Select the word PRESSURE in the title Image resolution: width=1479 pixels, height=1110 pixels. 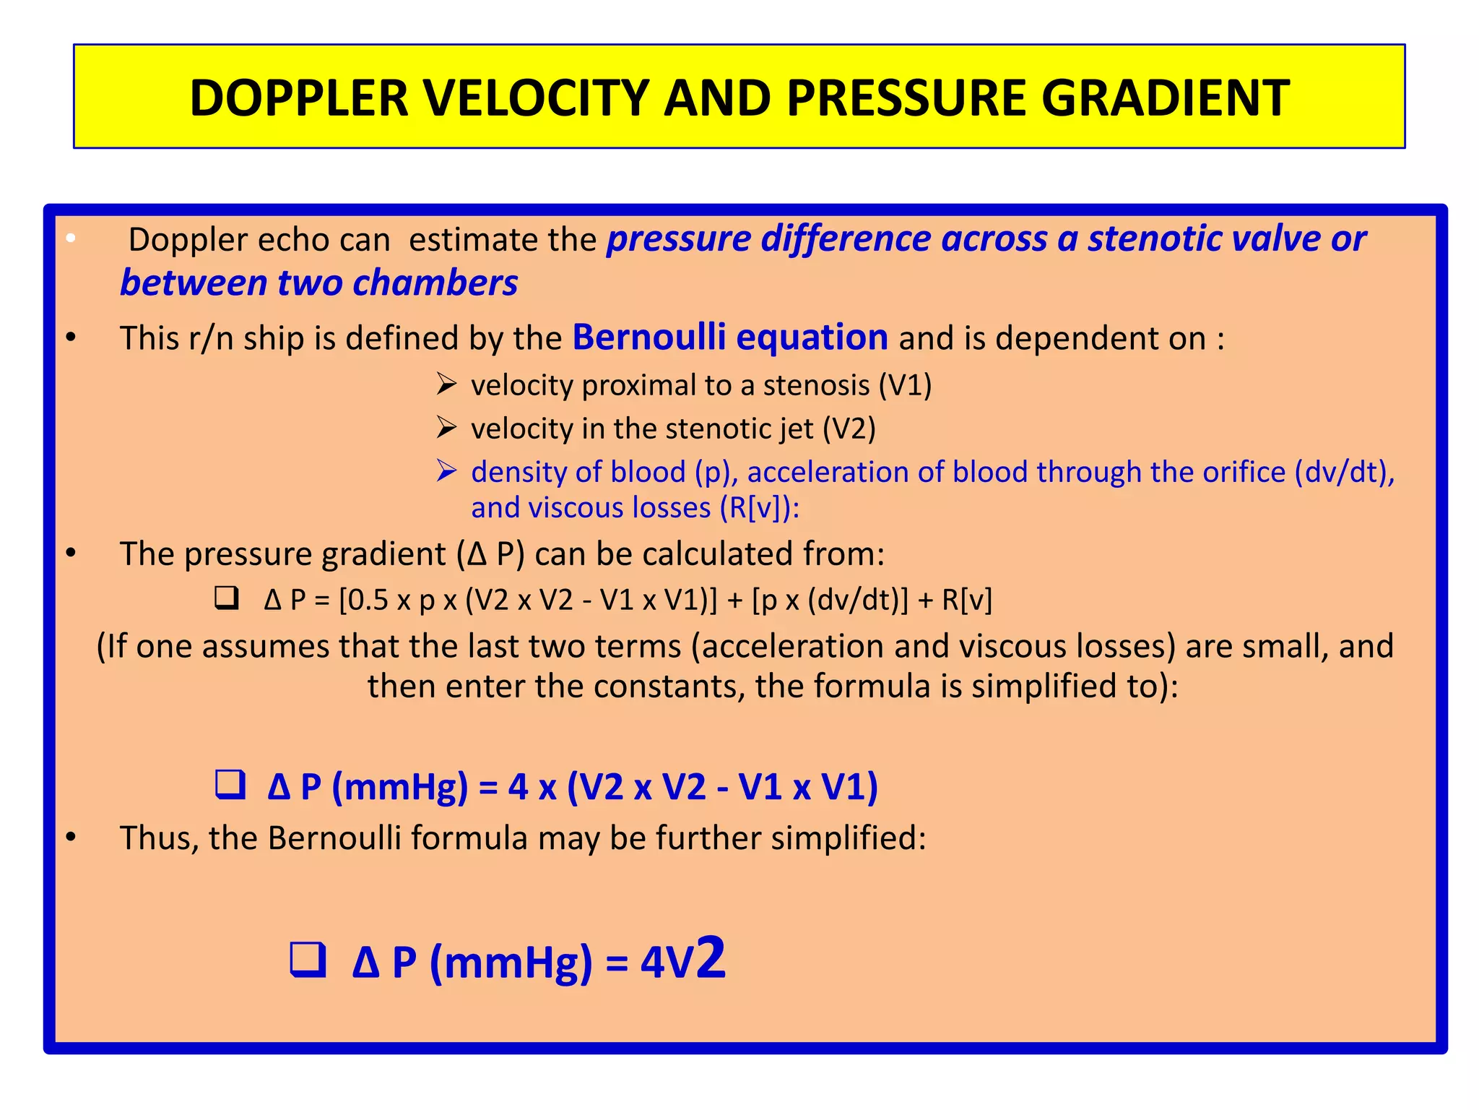tap(906, 98)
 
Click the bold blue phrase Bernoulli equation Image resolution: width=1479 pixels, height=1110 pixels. tap(730, 337)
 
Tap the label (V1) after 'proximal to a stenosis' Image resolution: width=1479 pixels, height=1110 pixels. tap(905, 385)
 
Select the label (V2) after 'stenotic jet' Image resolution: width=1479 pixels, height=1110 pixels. tap(849, 429)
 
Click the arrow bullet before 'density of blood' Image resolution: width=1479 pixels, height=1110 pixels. tap(447, 471)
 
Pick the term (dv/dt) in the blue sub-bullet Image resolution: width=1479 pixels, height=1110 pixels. tap(1343, 472)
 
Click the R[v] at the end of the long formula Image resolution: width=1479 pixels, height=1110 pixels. tap(967, 600)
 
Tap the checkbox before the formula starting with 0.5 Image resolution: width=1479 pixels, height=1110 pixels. tap(227, 598)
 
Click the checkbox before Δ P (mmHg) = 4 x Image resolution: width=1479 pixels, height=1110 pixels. tap(230, 785)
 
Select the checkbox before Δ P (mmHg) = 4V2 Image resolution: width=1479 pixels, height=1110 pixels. tap(308, 960)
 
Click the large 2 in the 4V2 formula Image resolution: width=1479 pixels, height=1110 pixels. tap(711, 958)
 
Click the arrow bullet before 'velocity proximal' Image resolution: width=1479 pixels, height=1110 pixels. tap(447, 384)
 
